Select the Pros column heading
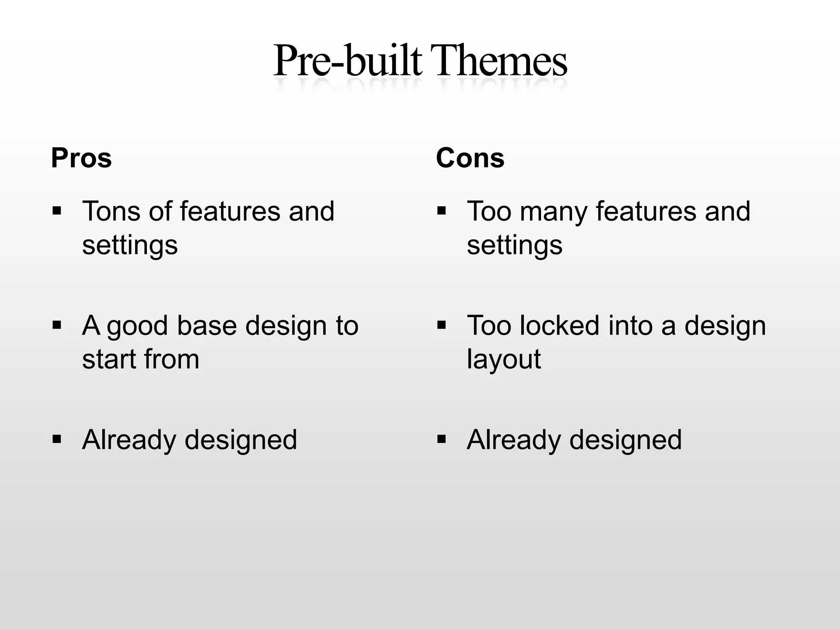pos(81,158)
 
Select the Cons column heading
pos(470,158)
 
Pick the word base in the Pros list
pos(207,326)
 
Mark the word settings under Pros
pos(130,246)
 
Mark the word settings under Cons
pos(514,246)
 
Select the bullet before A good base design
pos(57,326)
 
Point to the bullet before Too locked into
pos(442,326)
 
